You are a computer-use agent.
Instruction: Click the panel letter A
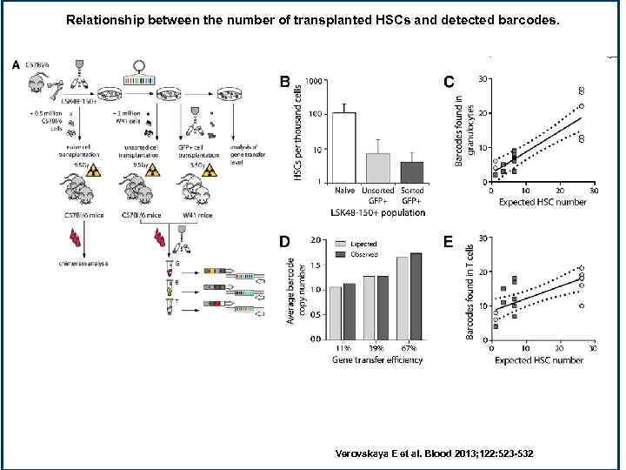pyautogui.click(x=16, y=64)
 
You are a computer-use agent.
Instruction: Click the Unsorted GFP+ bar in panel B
pyautogui.click(x=376, y=165)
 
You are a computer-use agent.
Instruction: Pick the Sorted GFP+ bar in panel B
pyautogui.click(x=410, y=170)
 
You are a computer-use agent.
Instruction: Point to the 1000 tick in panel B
pyautogui.click(x=311, y=81)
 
